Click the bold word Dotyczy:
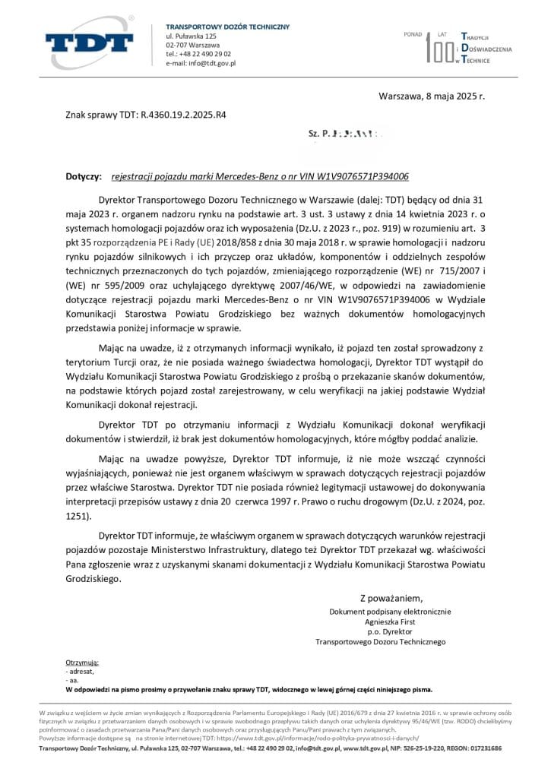coord(84,176)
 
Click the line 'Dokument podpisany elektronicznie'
coord(390,612)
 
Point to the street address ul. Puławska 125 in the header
coord(192,36)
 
